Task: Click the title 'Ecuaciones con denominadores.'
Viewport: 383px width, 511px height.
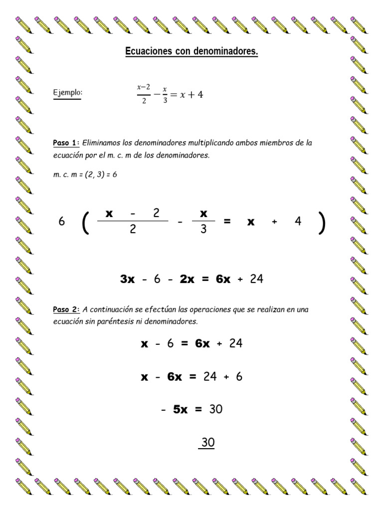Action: click(x=191, y=52)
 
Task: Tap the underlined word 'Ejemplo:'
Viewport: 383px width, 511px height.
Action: click(x=67, y=93)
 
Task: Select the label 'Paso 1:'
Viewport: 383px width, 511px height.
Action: click(x=66, y=143)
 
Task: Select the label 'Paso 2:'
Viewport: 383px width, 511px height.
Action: click(x=66, y=310)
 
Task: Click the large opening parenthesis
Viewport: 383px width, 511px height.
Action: click(x=85, y=222)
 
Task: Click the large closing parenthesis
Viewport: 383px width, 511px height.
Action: click(x=321, y=222)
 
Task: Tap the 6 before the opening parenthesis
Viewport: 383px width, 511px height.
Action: click(x=62, y=222)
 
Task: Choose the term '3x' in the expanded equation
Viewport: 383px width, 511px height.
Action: click(x=128, y=279)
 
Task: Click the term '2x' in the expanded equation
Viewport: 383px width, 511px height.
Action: click(x=187, y=279)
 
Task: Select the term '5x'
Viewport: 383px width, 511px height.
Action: click(x=180, y=410)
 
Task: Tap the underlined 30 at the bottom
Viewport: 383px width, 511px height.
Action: click(x=207, y=443)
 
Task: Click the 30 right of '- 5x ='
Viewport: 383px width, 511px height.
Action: click(x=216, y=410)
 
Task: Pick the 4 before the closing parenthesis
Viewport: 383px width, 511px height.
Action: click(x=298, y=222)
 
